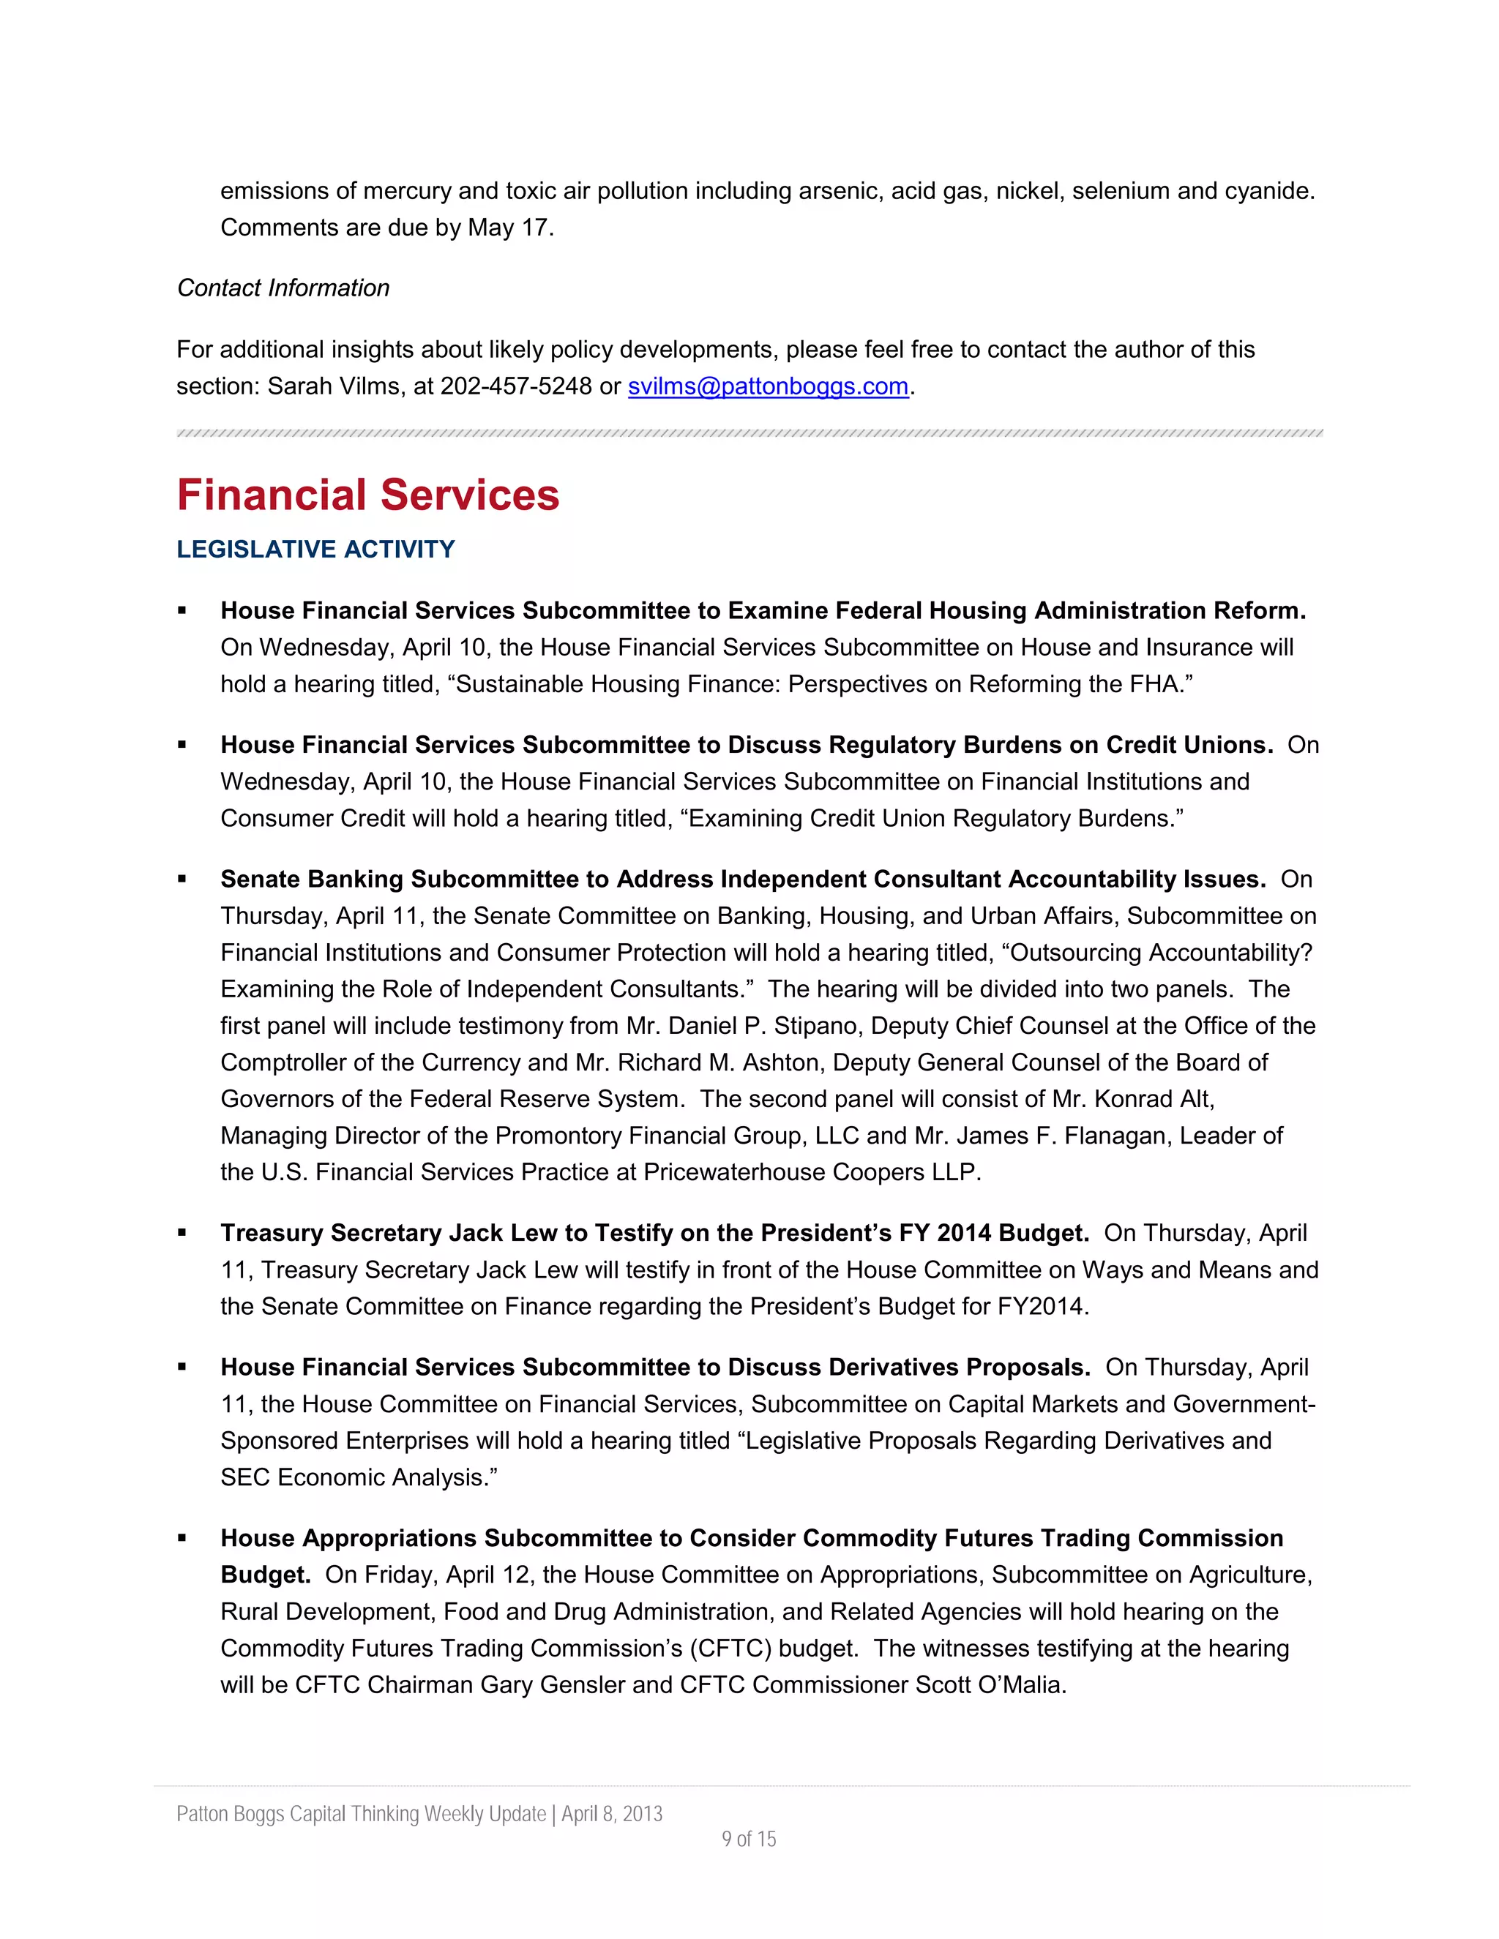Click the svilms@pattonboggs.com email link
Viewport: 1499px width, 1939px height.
pos(768,386)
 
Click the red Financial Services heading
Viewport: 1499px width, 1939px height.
pos(367,495)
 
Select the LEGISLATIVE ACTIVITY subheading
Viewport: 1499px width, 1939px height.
pos(315,550)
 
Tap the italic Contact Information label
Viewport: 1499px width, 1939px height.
pos(283,288)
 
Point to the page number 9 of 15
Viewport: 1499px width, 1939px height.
pos(749,1839)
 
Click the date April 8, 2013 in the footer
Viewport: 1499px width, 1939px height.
pos(612,1814)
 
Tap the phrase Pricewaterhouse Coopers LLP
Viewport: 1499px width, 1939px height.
pos(810,1172)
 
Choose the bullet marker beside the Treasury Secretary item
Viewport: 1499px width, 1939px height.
pos(182,1232)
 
